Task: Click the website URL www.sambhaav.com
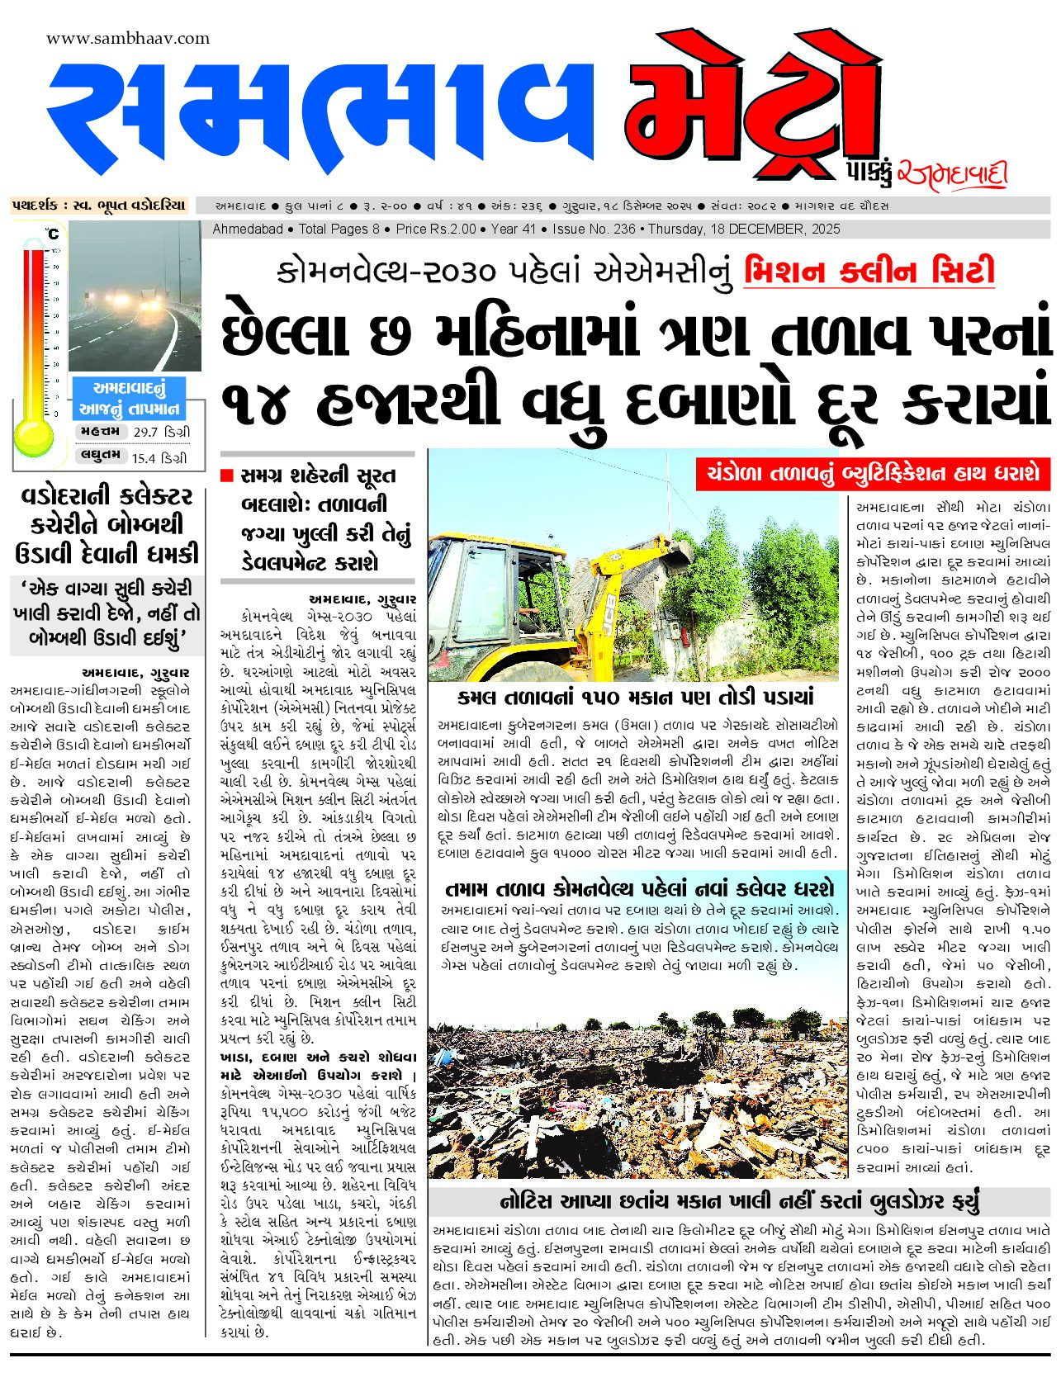[128, 39]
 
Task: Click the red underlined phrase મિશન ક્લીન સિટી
[869, 272]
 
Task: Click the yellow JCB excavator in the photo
[528, 611]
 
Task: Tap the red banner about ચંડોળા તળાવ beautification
[873, 474]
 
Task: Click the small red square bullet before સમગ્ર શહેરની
[227, 476]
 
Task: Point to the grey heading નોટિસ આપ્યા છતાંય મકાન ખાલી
[739, 1201]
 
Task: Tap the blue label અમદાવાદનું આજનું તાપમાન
[129, 399]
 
